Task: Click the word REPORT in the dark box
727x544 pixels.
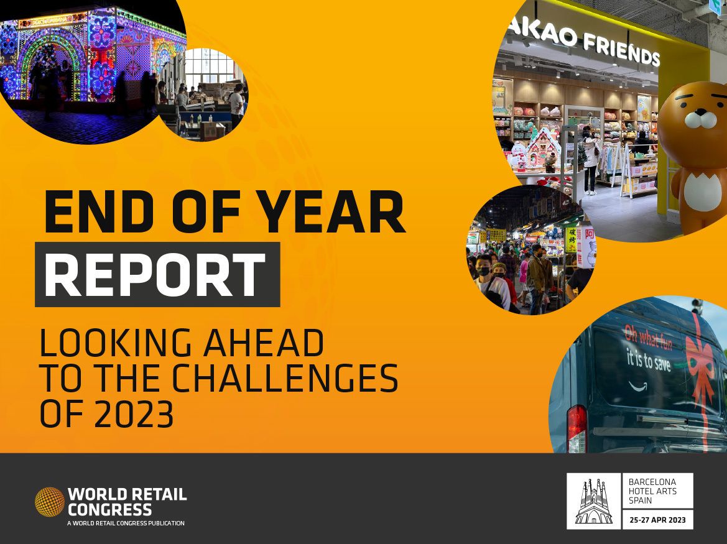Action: point(155,274)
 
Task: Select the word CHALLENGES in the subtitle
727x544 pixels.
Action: point(285,377)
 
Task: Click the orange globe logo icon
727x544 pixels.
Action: point(49,502)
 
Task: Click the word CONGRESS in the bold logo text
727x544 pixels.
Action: point(109,510)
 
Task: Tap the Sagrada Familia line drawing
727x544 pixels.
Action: point(593,501)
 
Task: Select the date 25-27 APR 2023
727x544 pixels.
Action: point(657,520)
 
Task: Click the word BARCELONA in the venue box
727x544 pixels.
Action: point(652,482)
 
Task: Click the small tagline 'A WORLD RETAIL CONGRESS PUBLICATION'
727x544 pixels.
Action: point(126,523)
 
